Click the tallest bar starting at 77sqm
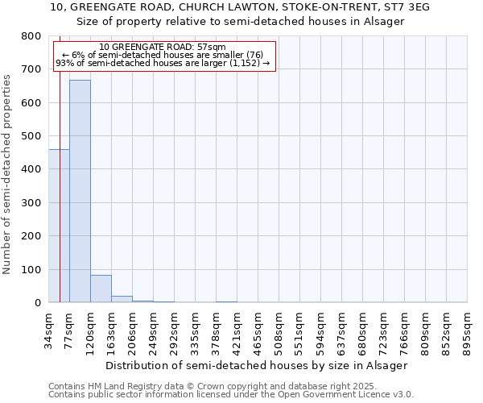[80, 191]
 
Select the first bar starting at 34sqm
[59, 226]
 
